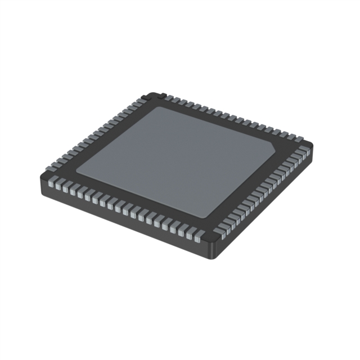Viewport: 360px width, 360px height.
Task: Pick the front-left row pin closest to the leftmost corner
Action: (x=55, y=182)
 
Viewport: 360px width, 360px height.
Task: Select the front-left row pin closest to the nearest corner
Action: (x=197, y=238)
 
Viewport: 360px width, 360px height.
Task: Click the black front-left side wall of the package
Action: (x=124, y=222)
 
